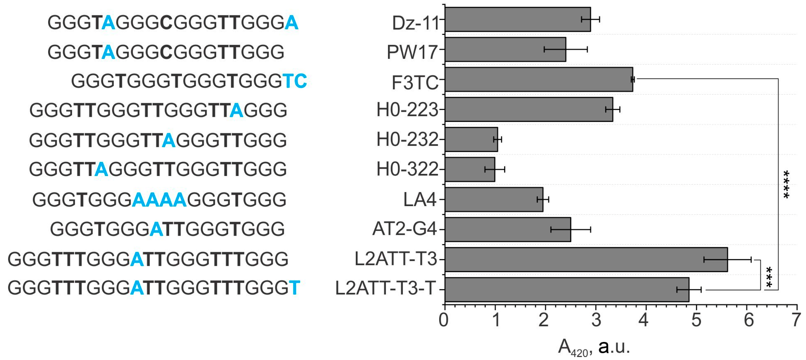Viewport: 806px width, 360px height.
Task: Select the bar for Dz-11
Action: click(x=518, y=19)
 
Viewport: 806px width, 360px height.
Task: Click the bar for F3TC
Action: click(x=538, y=79)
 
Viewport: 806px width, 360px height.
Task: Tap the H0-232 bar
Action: click(x=471, y=140)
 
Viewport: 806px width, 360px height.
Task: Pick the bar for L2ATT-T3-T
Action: click(x=567, y=289)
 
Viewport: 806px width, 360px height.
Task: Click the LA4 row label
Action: click(x=419, y=200)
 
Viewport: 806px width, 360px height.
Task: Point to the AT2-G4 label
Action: click(x=404, y=229)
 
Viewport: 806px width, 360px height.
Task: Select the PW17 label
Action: click(x=412, y=52)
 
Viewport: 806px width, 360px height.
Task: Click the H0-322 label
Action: click(x=407, y=169)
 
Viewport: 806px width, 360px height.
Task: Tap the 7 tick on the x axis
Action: click(x=796, y=320)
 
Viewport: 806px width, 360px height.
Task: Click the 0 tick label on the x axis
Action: click(x=444, y=320)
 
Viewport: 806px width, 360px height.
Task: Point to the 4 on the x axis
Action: click(x=644, y=320)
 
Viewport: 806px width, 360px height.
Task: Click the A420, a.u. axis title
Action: click(x=593, y=347)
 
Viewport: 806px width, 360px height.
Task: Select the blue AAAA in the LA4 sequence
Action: click(x=159, y=200)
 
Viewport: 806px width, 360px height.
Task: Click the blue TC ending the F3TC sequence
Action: click(x=294, y=81)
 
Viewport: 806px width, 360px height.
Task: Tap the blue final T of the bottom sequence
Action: click(x=294, y=288)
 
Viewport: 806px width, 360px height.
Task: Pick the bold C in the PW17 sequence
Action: click(x=166, y=52)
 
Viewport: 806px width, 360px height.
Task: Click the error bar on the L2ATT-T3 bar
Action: click(x=727, y=260)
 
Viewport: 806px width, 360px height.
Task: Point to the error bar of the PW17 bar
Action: click(x=566, y=49)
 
